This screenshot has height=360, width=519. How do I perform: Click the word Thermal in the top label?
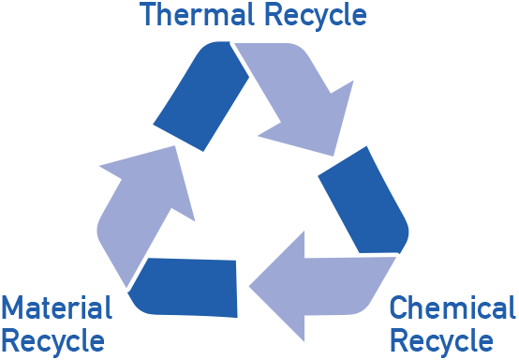click(x=197, y=14)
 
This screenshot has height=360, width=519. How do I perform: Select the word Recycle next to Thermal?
click(x=316, y=17)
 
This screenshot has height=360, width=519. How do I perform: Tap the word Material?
click(x=57, y=307)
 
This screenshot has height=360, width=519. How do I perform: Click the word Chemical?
click(x=452, y=307)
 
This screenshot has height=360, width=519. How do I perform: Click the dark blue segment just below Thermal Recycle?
click(x=200, y=96)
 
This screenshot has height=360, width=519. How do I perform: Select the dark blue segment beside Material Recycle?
click(x=183, y=288)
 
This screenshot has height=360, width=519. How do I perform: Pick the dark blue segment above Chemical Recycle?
click(x=363, y=200)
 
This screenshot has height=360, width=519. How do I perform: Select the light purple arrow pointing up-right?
click(x=145, y=212)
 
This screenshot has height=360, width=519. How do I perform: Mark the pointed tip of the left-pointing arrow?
click(x=249, y=287)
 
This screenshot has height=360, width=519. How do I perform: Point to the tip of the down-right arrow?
click(x=333, y=156)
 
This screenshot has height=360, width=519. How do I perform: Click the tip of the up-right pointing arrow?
click(x=174, y=146)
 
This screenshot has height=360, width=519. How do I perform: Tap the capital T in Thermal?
click(x=148, y=14)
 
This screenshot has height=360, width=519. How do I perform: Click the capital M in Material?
click(x=13, y=307)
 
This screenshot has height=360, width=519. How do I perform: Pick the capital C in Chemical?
click(x=398, y=307)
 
